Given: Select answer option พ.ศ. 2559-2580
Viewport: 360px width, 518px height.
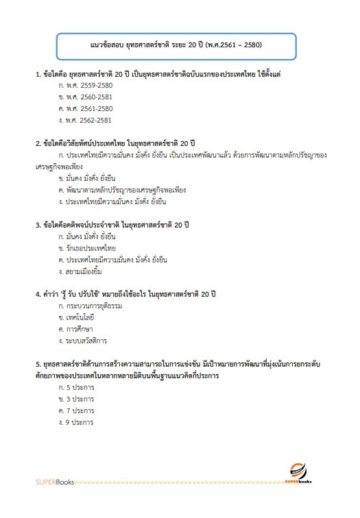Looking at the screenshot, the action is [86, 86].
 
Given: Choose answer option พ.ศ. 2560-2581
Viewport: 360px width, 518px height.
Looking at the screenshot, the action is [86, 97].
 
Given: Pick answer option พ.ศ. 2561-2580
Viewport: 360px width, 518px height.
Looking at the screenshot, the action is [86, 108].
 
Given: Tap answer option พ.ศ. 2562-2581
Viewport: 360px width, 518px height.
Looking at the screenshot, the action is [86, 120].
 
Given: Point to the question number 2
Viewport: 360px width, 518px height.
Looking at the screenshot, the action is [38, 144].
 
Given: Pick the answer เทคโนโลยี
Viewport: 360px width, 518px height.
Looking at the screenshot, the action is [84, 318].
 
